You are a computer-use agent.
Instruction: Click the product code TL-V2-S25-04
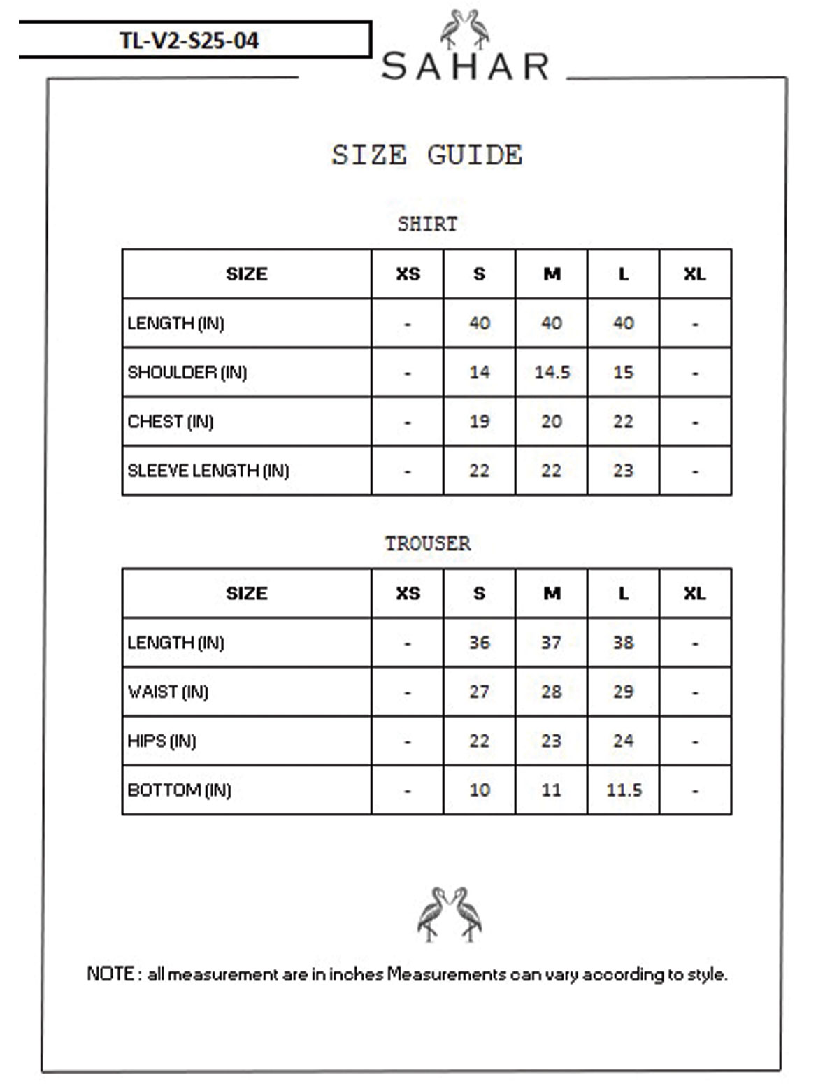point(189,41)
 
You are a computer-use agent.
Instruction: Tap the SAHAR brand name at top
point(466,67)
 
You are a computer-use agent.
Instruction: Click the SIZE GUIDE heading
point(426,155)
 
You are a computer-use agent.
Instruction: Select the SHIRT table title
point(426,224)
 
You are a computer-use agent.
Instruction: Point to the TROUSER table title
point(427,543)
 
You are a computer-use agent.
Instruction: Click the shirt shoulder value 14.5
point(552,372)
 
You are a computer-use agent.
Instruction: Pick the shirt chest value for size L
point(623,421)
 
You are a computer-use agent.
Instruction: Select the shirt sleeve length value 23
point(623,471)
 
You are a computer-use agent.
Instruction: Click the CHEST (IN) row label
point(170,422)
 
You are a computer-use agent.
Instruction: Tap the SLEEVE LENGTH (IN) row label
point(208,471)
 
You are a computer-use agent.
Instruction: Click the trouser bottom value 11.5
point(624,790)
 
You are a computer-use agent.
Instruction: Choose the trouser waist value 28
point(551,692)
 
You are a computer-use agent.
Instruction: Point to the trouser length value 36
point(479,642)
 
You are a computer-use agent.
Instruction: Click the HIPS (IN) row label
point(162,741)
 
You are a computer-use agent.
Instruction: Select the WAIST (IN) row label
point(168,692)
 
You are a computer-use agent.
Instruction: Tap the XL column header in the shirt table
point(694,274)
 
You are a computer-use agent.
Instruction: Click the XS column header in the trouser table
point(408,593)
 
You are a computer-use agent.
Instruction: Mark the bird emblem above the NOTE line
point(450,914)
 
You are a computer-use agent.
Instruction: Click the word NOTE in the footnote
point(110,974)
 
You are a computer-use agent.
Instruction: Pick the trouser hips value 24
point(623,741)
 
